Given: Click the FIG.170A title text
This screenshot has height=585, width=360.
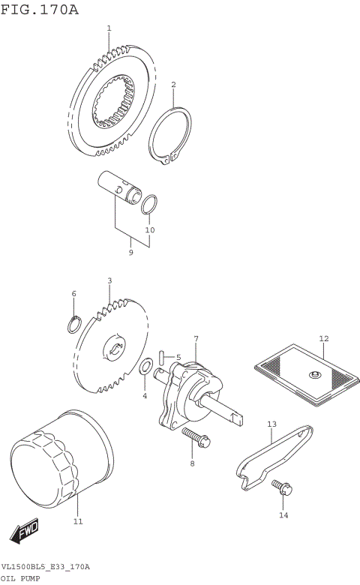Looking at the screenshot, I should (x=39, y=9).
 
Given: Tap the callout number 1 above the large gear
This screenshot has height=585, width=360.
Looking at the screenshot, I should (x=109, y=28).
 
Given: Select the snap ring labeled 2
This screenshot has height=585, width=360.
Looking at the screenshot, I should (x=169, y=137).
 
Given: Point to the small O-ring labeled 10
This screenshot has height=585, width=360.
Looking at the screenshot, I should (x=149, y=203).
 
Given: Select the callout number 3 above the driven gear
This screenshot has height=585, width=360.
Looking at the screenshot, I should (x=109, y=280).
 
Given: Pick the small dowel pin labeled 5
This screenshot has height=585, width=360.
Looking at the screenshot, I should (x=163, y=357).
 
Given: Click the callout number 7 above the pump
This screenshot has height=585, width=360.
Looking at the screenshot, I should (x=196, y=340).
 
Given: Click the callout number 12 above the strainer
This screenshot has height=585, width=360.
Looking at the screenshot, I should (x=324, y=338).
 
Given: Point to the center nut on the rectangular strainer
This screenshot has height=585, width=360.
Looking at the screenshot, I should (x=316, y=375).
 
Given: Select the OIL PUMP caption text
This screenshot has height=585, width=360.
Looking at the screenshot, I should (x=20, y=579).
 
